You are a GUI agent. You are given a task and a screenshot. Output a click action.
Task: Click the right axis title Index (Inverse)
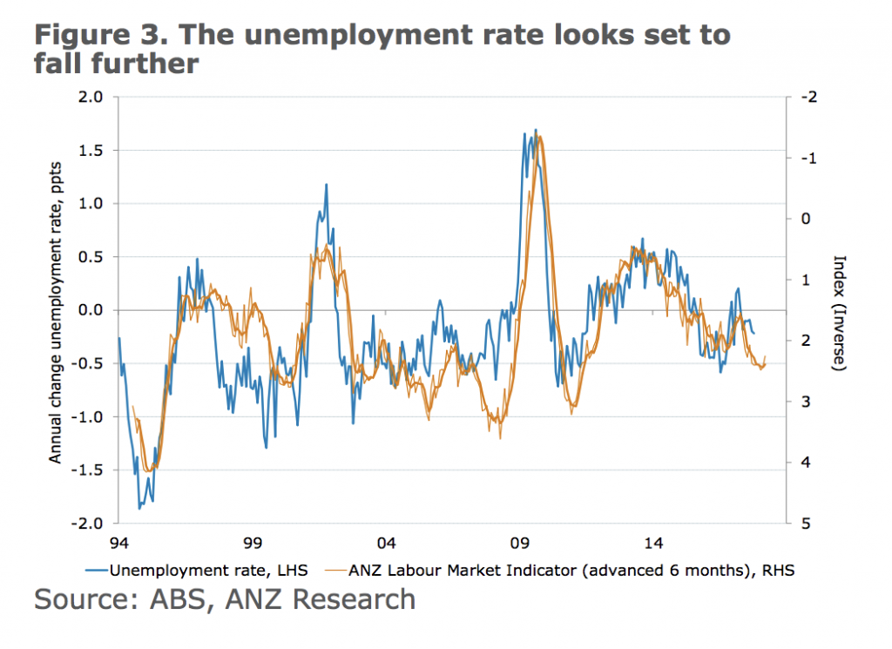840,314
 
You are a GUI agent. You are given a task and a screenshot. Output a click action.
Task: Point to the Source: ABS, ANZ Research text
225,599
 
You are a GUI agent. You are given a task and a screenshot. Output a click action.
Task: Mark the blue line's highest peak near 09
535,130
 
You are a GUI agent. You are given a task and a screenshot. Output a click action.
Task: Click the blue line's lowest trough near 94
139,508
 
